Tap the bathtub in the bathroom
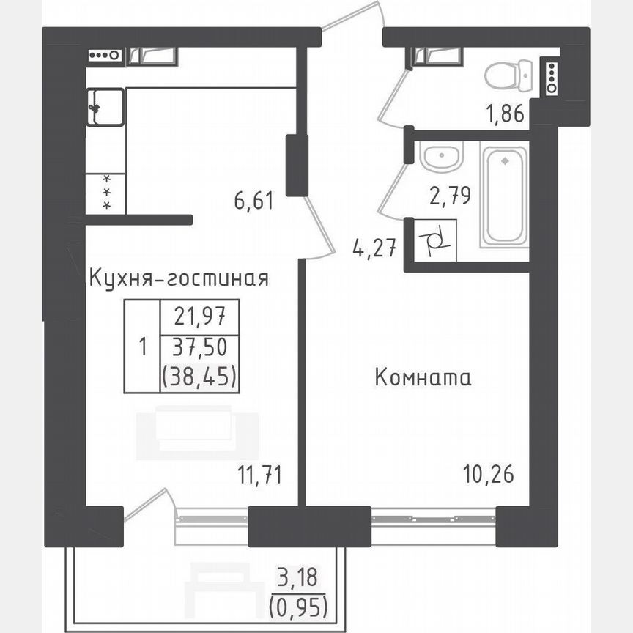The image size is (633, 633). (503, 195)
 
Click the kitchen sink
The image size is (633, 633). (105, 107)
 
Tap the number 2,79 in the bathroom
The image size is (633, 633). (449, 196)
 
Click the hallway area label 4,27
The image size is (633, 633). (374, 249)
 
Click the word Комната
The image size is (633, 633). (423, 379)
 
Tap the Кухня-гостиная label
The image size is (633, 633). (178, 278)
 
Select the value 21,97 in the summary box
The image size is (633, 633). (199, 318)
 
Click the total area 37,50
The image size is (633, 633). (199, 347)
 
